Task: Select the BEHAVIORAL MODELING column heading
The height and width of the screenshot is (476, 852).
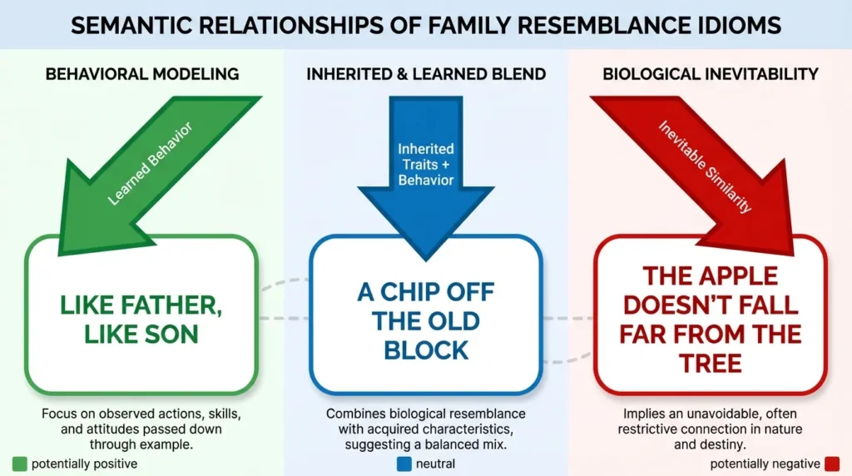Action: click(x=142, y=74)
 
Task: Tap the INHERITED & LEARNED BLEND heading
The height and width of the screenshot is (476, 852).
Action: click(x=426, y=74)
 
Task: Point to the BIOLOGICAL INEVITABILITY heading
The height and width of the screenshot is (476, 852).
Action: click(x=710, y=74)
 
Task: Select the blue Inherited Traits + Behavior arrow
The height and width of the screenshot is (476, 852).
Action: click(x=426, y=158)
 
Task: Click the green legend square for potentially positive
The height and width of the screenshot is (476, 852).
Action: click(x=19, y=464)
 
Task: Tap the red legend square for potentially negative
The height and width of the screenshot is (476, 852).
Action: click(x=833, y=464)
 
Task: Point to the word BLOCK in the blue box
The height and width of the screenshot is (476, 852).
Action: click(x=426, y=350)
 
